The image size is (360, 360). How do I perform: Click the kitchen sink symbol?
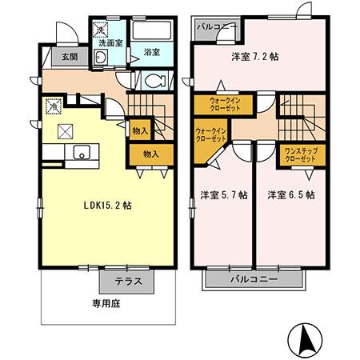pyautogui.click(x=81, y=153)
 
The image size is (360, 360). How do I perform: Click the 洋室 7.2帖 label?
pyautogui.click(x=254, y=57)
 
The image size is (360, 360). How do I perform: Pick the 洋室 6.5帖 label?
pyautogui.click(x=290, y=194)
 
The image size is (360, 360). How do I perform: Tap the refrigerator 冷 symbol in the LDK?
pyautogui.click(x=53, y=106)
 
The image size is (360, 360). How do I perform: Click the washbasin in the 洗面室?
pyautogui.click(x=101, y=61)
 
